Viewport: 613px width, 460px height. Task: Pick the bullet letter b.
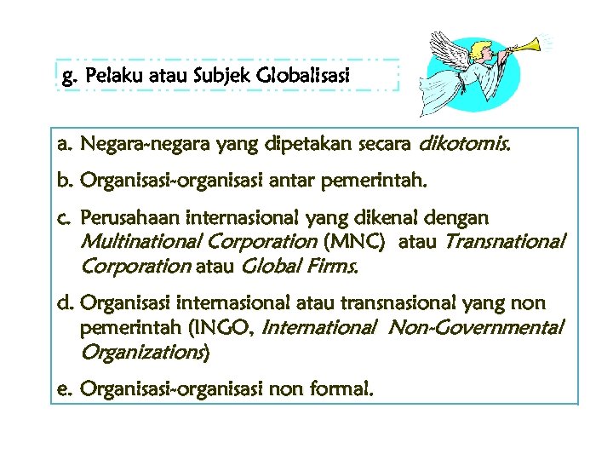coord(63,181)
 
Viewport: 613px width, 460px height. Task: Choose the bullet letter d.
coord(63,303)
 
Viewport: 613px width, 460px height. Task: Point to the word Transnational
coord(503,243)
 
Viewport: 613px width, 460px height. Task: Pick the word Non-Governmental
coord(477,327)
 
